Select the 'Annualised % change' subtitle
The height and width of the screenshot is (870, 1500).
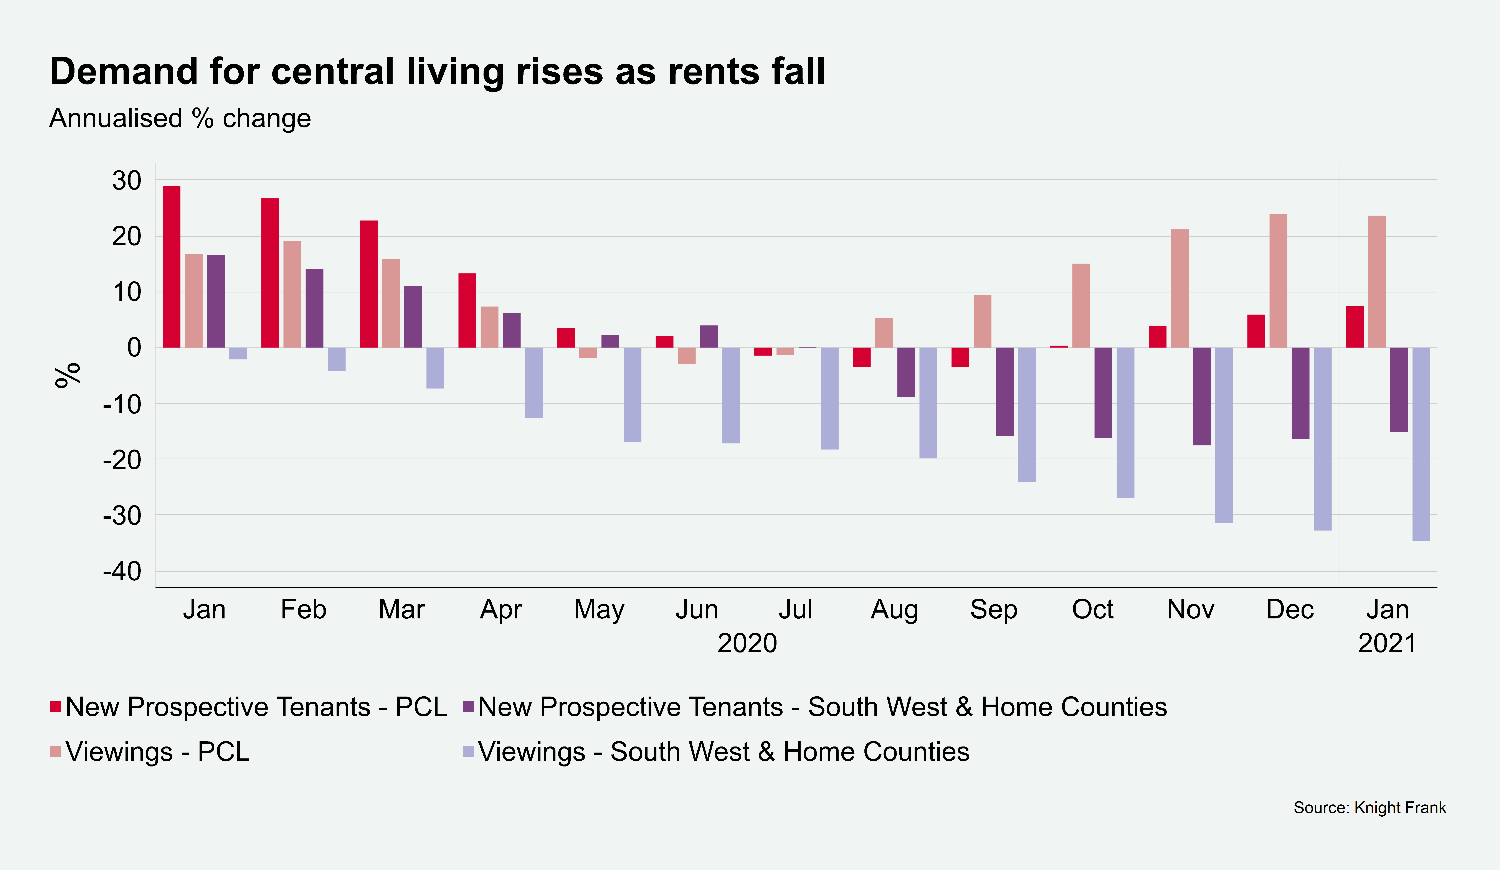[180, 119]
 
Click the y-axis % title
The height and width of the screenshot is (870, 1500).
[67, 375]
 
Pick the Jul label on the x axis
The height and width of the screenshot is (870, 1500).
[795, 609]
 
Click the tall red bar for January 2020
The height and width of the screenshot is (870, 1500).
[171, 267]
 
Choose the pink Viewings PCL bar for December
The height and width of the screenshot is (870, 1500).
[1278, 281]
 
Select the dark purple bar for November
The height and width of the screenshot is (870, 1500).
[1202, 396]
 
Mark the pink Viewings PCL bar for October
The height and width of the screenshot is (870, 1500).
[1081, 306]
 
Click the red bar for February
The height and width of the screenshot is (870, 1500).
[270, 273]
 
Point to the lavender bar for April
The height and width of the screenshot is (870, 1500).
[533, 383]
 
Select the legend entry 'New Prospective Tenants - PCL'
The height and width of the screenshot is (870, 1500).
[256, 707]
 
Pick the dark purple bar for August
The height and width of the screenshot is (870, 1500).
[906, 372]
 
